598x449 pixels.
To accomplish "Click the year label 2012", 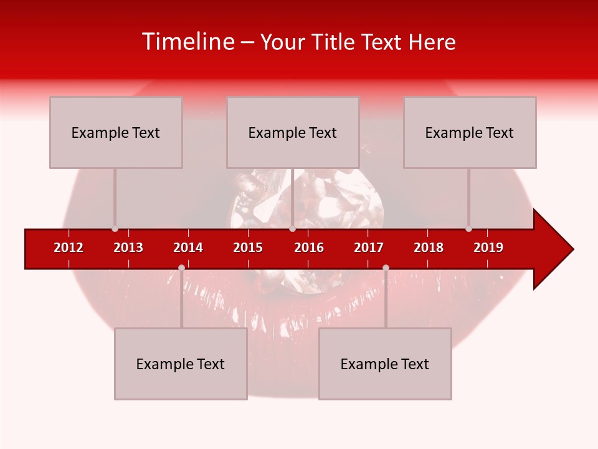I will tap(69, 248).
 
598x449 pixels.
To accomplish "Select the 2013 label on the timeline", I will tap(128, 248).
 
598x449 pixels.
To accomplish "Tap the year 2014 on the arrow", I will tap(188, 248).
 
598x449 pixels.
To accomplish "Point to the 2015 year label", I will tap(248, 248).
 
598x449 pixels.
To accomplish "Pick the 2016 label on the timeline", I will tap(309, 248).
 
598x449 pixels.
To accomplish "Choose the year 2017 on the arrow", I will tap(369, 248).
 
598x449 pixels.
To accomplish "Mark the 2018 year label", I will tap(429, 248).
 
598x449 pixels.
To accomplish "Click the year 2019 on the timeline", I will tap(488, 248).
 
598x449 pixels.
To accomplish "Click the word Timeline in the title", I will tap(187, 42).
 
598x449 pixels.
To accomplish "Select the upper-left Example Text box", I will tap(116, 132).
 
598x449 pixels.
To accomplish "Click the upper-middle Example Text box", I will tap(293, 132).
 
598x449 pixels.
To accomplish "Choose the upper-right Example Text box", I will tap(470, 132).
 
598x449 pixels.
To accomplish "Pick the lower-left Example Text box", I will tap(181, 364).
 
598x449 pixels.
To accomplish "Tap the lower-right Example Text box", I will tap(385, 364).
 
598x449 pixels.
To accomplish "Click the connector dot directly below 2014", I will tap(181, 268).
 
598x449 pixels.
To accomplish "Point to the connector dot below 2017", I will tap(386, 268).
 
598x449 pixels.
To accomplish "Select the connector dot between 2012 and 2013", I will tap(115, 229).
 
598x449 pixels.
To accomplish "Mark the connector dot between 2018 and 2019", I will tap(468, 229).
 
